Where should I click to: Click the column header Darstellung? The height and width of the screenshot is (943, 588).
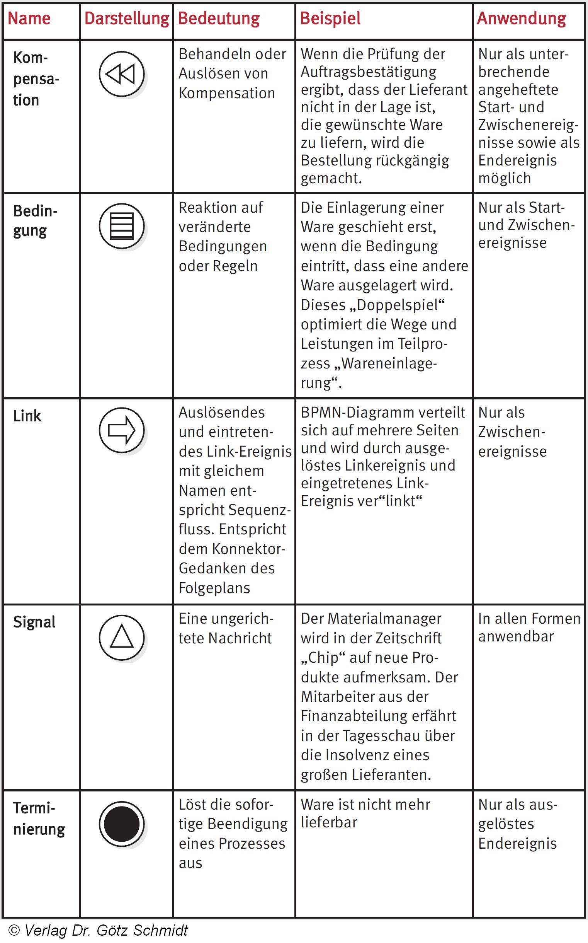point(127,19)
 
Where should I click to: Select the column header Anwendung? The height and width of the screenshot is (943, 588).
point(521,19)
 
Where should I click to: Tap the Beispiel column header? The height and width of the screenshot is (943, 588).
point(330,19)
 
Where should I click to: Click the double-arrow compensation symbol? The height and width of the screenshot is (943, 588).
point(121,74)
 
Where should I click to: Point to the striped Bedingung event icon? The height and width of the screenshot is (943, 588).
point(121,226)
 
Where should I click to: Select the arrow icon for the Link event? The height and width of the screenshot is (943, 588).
point(121,430)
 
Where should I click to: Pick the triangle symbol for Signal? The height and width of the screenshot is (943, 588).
point(121,637)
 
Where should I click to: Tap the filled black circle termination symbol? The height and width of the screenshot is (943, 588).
point(121,824)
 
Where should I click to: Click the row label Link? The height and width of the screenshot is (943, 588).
point(27,416)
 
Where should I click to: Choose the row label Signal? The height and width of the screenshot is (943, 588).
point(34,622)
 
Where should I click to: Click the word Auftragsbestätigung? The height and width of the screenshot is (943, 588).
point(368,72)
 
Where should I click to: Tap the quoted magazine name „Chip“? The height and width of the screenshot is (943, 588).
point(323,658)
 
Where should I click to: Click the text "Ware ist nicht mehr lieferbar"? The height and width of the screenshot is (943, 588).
point(365,813)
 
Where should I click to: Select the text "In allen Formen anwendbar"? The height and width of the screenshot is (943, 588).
point(529,628)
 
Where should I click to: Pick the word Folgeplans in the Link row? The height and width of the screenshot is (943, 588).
point(214,588)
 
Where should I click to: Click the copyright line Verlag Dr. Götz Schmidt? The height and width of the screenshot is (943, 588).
point(98,930)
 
